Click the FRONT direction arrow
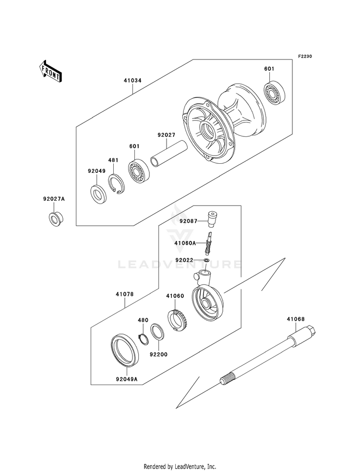coord(50,71)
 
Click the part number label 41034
coord(132,81)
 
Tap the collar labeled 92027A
coord(56,219)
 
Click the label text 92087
coord(188,221)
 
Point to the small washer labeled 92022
coord(206,260)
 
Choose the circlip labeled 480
coord(143,338)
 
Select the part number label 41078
coord(125,294)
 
